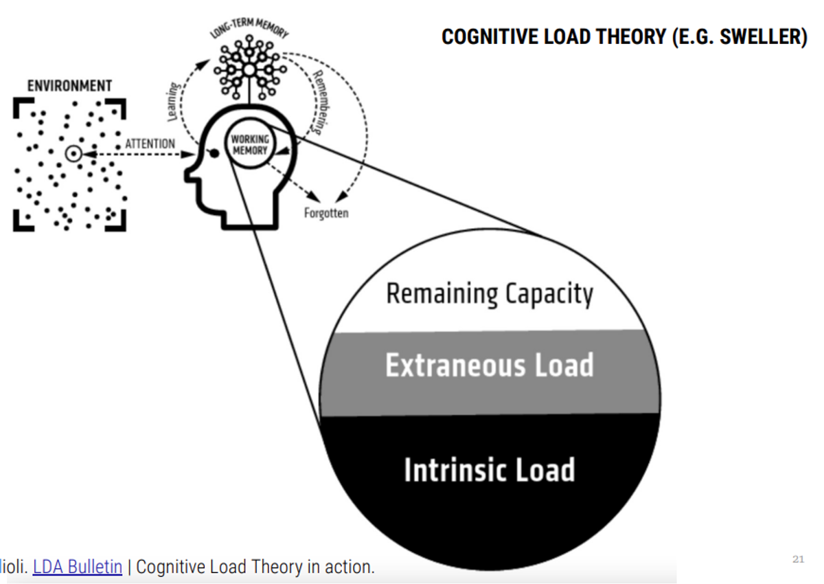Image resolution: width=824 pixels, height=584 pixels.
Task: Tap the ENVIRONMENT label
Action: (69, 86)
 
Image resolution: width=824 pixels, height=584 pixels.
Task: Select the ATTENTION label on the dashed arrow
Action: (150, 144)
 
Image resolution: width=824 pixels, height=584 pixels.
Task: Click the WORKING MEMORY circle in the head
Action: (249, 146)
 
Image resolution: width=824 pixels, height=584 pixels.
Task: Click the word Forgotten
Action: (326, 213)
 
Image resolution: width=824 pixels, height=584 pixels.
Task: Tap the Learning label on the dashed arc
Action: (174, 101)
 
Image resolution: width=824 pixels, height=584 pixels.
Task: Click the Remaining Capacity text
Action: (490, 294)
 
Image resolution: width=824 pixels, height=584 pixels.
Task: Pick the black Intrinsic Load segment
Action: (490, 481)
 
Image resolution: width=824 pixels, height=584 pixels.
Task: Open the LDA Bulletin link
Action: (78, 568)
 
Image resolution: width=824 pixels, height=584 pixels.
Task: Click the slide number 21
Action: (798, 559)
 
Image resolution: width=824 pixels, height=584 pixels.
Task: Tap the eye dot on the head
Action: (214, 154)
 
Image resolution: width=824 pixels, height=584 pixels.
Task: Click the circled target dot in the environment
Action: (72, 154)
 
